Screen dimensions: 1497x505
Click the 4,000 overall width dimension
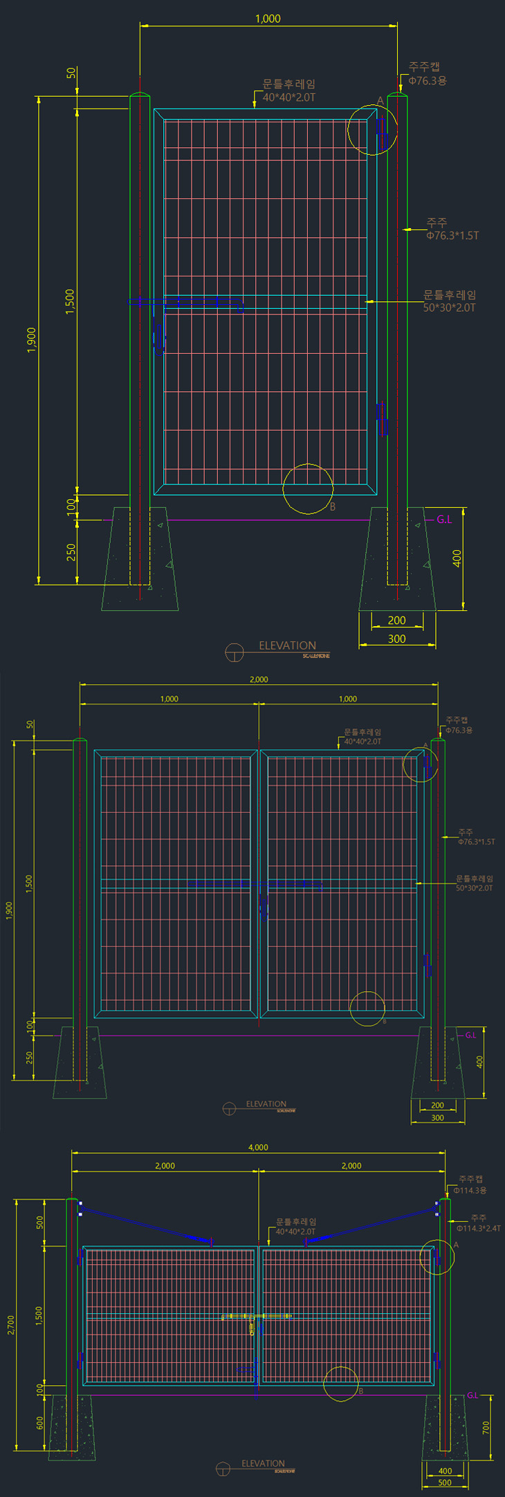click(258, 1147)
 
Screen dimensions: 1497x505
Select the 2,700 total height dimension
click(11, 1324)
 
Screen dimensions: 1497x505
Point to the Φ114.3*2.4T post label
click(479, 1228)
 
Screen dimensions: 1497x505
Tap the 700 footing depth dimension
click(486, 1427)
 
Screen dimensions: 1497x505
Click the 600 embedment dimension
click(39, 1422)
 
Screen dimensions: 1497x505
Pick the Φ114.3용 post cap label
click(470, 1190)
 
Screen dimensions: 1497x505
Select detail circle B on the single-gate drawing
click(308, 489)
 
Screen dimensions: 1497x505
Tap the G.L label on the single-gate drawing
click(444, 520)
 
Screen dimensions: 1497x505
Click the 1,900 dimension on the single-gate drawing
click(31, 340)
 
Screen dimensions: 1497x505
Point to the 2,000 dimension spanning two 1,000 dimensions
click(259, 679)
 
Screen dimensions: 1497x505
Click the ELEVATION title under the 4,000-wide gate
click(263, 1463)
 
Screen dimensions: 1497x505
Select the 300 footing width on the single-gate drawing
click(396, 639)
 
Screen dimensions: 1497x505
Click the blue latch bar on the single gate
click(185, 302)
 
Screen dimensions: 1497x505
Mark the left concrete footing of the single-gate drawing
click(140, 560)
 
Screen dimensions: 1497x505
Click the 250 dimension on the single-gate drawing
click(71, 552)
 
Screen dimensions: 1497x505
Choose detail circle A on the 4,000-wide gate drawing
click(437, 1257)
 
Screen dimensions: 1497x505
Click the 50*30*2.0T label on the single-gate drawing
click(450, 308)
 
